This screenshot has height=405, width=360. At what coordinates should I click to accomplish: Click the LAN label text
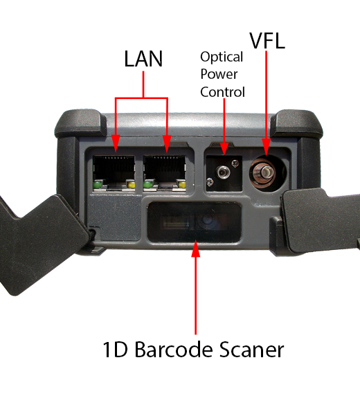point(143,60)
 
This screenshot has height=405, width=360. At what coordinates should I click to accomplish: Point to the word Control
point(222,91)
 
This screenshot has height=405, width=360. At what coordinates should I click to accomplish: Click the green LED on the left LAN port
point(98,184)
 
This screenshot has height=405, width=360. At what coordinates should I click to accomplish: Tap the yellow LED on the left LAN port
point(131,185)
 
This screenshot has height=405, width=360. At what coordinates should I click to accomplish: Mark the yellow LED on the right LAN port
point(182,185)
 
